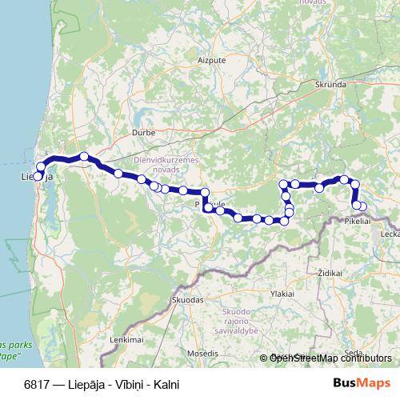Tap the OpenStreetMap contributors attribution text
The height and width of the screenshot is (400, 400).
tap(326, 358)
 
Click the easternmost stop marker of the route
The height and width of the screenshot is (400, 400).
tap(362, 207)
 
